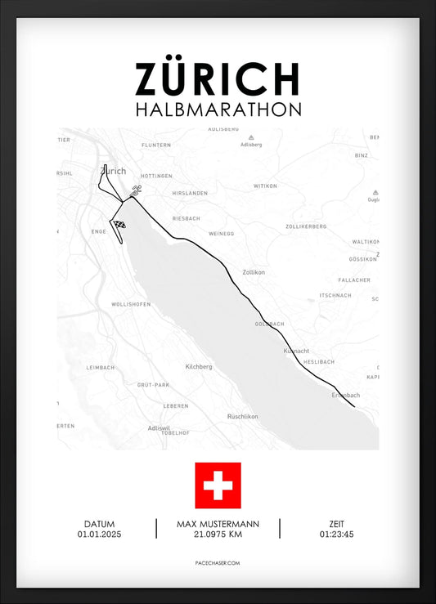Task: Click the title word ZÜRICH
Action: [x=218, y=79]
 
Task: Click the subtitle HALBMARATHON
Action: [x=218, y=109]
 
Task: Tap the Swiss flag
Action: [x=218, y=485]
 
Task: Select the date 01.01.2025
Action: [x=99, y=535]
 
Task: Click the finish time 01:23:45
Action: [x=337, y=535]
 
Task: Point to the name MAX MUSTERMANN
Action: [x=218, y=524]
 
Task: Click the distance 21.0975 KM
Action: [x=218, y=535]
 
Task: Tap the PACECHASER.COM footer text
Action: [x=218, y=563]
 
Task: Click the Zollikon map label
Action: [x=254, y=273]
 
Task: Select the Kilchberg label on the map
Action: [x=199, y=367]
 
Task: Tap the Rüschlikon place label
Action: [x=243, y=416]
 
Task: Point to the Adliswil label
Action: [x=159, y=427]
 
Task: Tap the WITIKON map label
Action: [x=266, y=186]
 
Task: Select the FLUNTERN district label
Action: [x=156, y=145]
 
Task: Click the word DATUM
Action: [x=99, y=524]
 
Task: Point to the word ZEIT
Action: [x=337, y=524]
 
